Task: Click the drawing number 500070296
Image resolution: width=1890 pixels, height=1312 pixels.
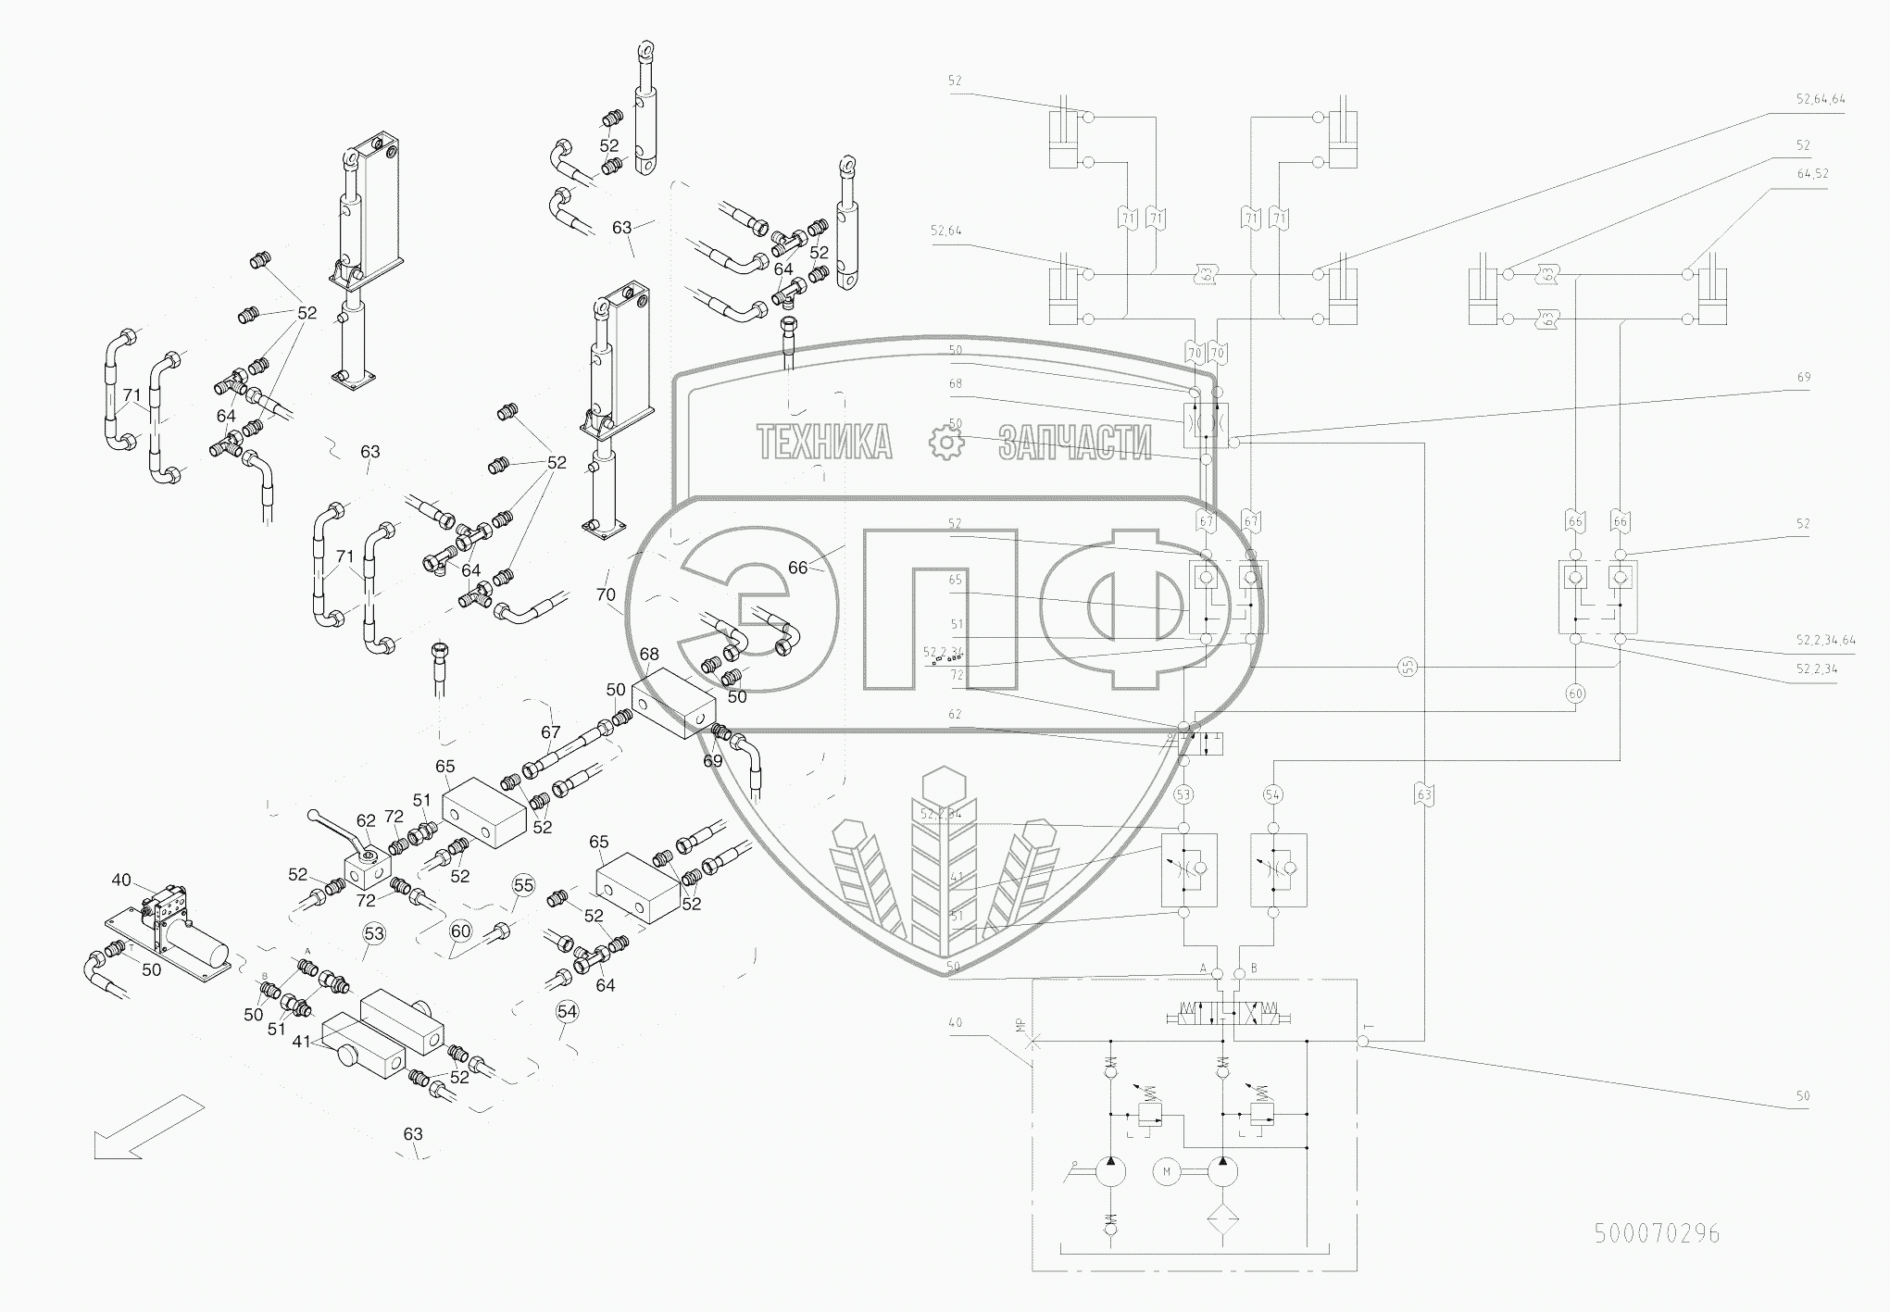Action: pyautogui.click(x=1657, y=1233)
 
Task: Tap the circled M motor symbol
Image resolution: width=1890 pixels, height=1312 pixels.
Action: pyautogui.click(x=1167, y=1172)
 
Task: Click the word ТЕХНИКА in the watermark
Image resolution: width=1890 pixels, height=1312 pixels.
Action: pyautogui.click(x=825, y=443)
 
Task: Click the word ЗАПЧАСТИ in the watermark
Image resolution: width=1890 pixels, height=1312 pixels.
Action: pyautogui.click(x=1074, y=443)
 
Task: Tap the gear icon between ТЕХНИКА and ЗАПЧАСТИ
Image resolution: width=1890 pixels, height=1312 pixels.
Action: pyautogui.click(x=946, y=443)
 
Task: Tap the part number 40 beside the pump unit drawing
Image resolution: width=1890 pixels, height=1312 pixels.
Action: pyautogui.click(x=121, y=880)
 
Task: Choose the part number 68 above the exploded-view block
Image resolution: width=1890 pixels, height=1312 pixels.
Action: pyautogui.click(x=650, y=654)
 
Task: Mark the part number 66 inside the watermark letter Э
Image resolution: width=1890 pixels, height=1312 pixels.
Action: pyautogui.click(x=798, y=569)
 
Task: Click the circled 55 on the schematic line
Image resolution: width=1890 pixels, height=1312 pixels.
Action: pyautogui.click(x=1408, y=667)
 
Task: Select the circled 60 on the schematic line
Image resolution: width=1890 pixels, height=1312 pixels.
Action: pyautogui.click(x=1574, y=693)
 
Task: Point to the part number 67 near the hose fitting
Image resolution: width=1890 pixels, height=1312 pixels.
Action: pyautogui.click(x=551, y=732)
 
